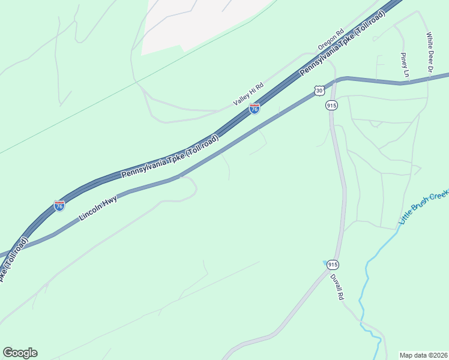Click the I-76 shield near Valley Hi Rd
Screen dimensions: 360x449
255,109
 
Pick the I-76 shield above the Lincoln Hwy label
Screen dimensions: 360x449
59,206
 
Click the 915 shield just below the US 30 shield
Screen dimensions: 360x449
332,105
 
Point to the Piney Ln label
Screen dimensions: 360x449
405,65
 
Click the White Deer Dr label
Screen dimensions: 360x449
430,53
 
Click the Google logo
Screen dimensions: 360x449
20,353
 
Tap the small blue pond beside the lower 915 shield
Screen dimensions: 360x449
325,262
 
